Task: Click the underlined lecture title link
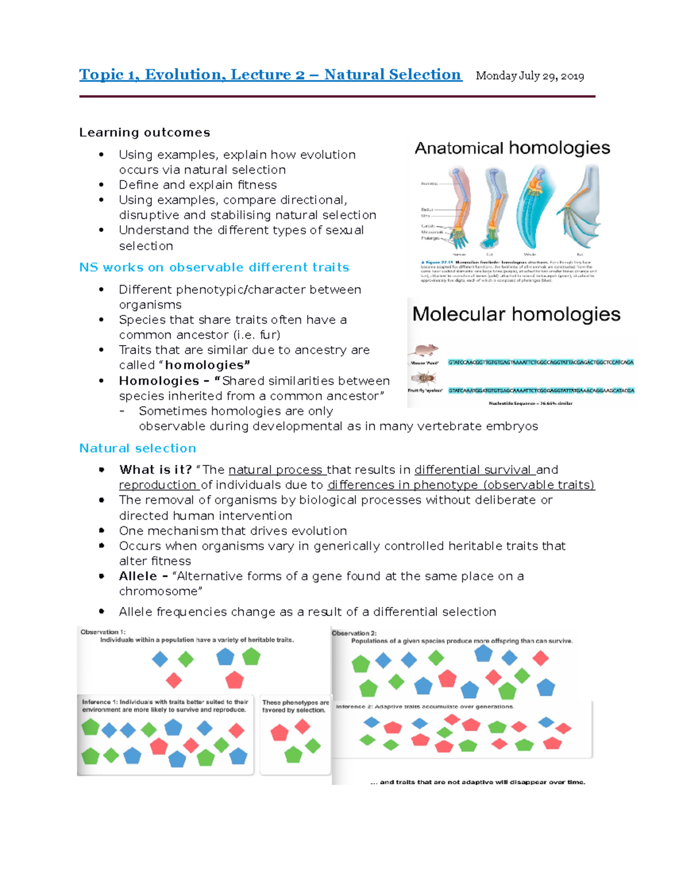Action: [270, 75]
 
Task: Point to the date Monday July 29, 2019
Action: [529, 76]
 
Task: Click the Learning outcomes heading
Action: [145, 133]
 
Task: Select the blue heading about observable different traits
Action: [214, 268]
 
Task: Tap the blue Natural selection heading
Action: [138, 449]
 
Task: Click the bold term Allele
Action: [138, 576]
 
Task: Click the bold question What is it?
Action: [155, 470]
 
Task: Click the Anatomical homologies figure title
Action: [512, 148]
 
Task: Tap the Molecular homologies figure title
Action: [516, 314]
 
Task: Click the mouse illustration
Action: [425, 351]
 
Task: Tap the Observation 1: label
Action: [103, 632]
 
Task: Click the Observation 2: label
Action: [354, 633]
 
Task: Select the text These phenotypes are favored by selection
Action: [295, 706]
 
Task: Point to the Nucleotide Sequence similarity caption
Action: [530, 403]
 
